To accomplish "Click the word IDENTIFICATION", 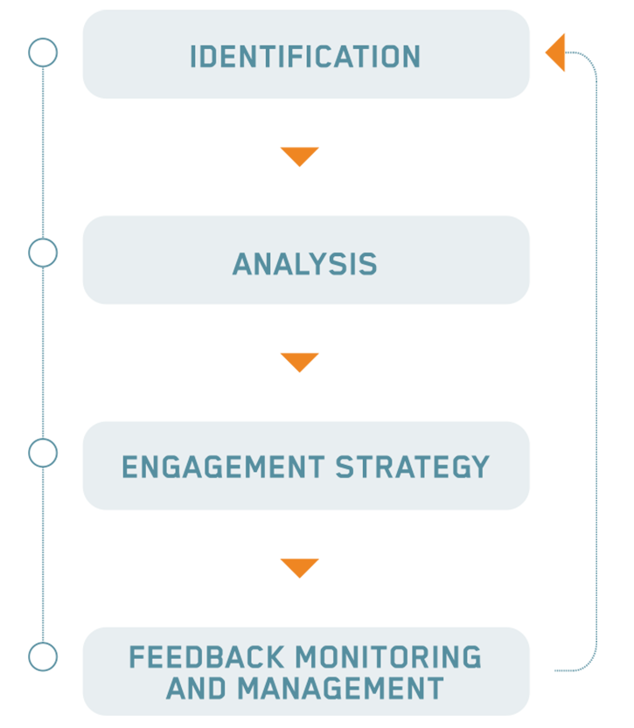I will tap(305, 58).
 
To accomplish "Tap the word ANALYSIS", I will tap(304, 265).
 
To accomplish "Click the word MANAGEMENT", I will tap(340, 689).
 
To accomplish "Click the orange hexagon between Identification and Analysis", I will tap(299, 156).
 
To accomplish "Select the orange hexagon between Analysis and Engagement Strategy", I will tap(299, 361).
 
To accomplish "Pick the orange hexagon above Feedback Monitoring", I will tap(299, 566).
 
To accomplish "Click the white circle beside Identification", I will tap(43, 53).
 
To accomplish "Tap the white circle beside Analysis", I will tap(43, 253).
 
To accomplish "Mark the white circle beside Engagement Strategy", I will tap(43, 453).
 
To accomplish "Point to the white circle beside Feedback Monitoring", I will tap(43, 656).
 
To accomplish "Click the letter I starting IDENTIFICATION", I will tap(193, 58).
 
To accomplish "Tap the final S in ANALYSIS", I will tap(370, 265).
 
